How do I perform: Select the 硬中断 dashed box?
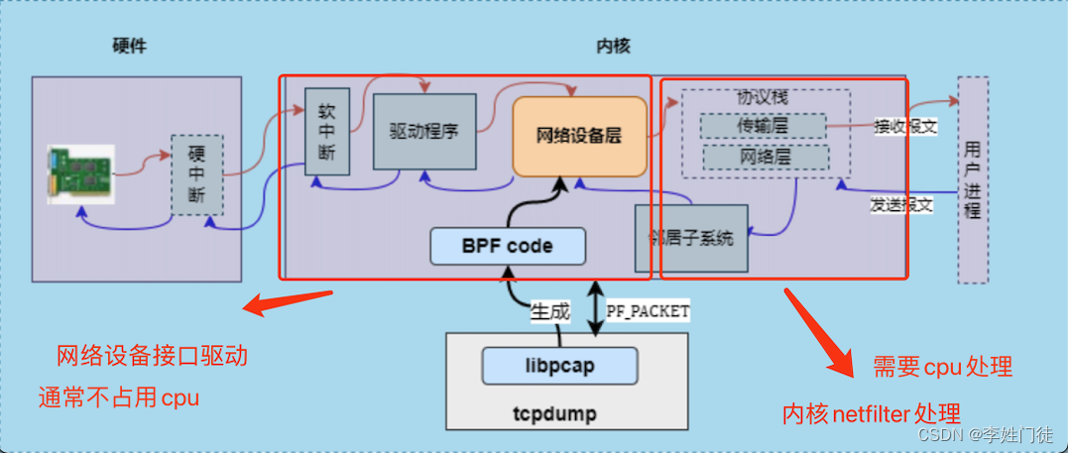click(196, 174)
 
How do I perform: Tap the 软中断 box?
click(327, 132)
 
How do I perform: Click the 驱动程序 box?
click(424, 131)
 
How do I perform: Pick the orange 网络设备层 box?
click(579, 136)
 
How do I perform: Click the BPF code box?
click(507, 245)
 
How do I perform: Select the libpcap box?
click(559, 366)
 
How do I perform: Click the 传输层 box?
click(763, 126)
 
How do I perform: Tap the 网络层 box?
click(765, 157)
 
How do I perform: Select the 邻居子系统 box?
click(691, 238)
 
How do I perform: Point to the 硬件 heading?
click(130, 47)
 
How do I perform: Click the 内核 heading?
click(612, 47)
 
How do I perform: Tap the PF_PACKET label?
click(648, 311)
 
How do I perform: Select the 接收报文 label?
click(904, 127)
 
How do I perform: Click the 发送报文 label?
click(901, 204)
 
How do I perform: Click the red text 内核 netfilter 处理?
click(872, 412)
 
